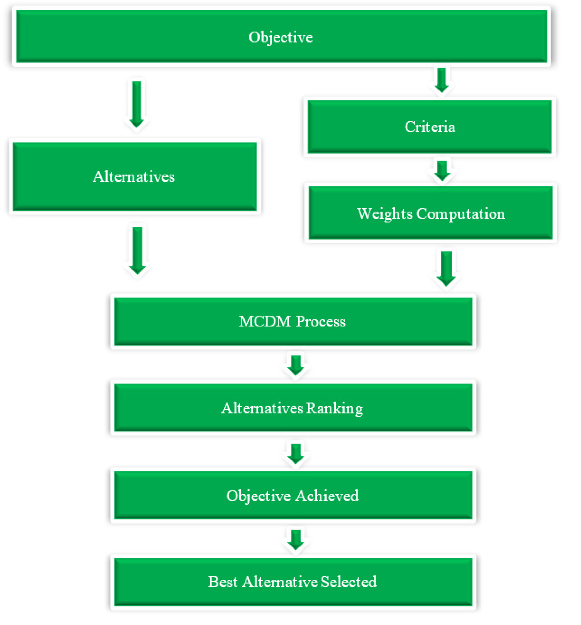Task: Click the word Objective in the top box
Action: [x=280, y=37]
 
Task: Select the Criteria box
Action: [x=429, y=127]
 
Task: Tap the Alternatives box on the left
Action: [x=134, y=176]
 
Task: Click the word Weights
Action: [x=384, y=214]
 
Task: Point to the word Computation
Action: [x=460, y=214]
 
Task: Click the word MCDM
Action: [x=265, y=321]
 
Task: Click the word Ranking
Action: [x=334, y=408]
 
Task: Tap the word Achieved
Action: [x=327, y=496]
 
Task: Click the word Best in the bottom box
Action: [x=222, y=582]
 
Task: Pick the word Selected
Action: [x=349, y=582]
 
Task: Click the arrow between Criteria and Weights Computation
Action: [x=442, y=171]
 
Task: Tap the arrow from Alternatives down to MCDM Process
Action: [x=137, y=250]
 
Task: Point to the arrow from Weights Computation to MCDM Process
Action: [x=446, y=268]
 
